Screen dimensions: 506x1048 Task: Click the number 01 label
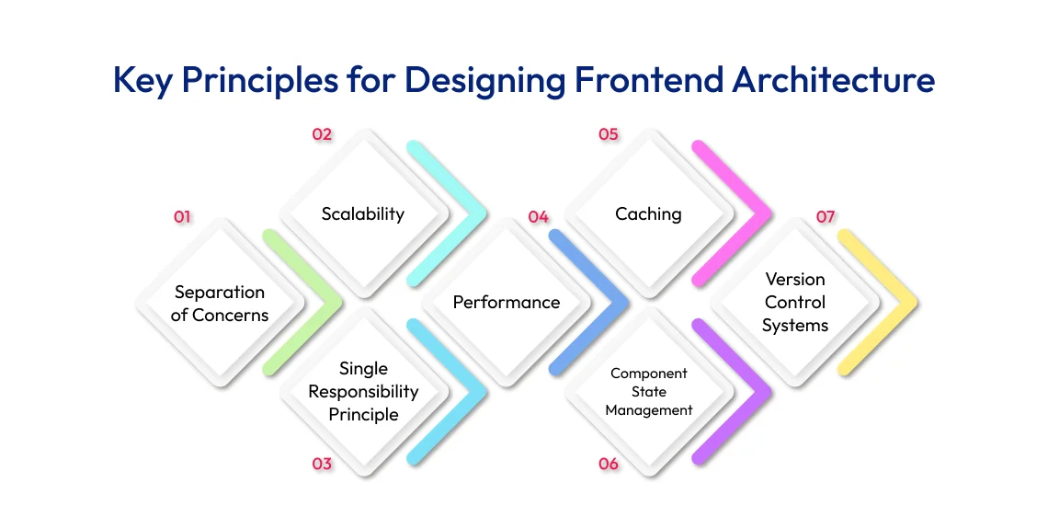182,217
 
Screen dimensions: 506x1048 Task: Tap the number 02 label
321,134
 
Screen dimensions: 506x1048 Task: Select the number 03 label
321,464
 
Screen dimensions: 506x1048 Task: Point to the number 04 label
538,217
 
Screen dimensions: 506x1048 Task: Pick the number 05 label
608,134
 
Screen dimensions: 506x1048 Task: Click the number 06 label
608,464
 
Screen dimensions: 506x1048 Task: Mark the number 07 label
826,217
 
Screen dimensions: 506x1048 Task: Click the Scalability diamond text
363,213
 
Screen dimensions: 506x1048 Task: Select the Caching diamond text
648,213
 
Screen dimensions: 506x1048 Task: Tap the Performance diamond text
506,302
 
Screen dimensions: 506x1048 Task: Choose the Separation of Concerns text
220,304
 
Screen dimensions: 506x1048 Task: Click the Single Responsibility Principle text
363,391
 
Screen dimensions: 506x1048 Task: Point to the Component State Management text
648,392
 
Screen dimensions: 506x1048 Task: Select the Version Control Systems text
795,302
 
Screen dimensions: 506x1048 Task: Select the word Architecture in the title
833,80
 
